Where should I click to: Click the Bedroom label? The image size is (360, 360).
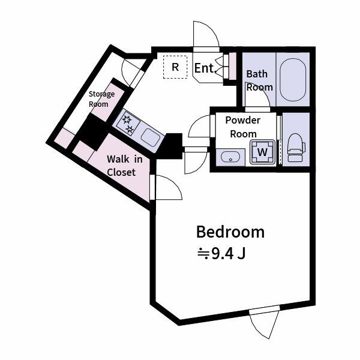pyautogui.click(x=230, y=232)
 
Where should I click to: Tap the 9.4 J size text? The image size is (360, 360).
pyautogui.click(x=222, y=254)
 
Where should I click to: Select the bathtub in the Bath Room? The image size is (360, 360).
pyautogui.click(x=293, y=79)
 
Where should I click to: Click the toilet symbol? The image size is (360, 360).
pyautogui.click(x=296, y=148)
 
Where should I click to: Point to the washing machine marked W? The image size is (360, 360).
pyautogui.click(x=263, y=152)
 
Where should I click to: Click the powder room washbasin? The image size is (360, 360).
pyautogui.click(x=230, y=157)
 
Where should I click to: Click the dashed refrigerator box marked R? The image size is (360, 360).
pyautogui.click(x=175, y=67)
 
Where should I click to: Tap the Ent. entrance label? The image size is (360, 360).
pyautogui.click(x=204, y=68)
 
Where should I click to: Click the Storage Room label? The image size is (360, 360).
pyautogui.click(x=101, y=99)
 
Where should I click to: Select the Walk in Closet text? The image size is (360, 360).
pyautogui.click(x=124, y=166)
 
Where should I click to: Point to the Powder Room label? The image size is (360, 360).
pyautogui.click(x=243, y=127)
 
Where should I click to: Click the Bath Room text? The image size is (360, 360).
pyautogui.click(x=259, y=80)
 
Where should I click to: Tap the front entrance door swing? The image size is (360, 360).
pyautogui.click(x=205, y=34)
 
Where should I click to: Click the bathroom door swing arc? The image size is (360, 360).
pyautogui.click(x=257, y=95)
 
